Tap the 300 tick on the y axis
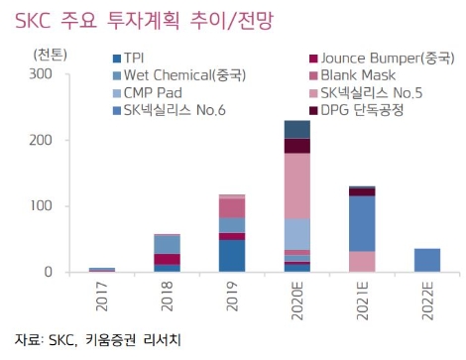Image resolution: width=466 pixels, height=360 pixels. click(x=41, y=73)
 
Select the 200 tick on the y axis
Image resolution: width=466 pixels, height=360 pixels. click(x=41, y=140)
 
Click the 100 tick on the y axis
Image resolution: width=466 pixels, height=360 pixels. click(x=41, y=206)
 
